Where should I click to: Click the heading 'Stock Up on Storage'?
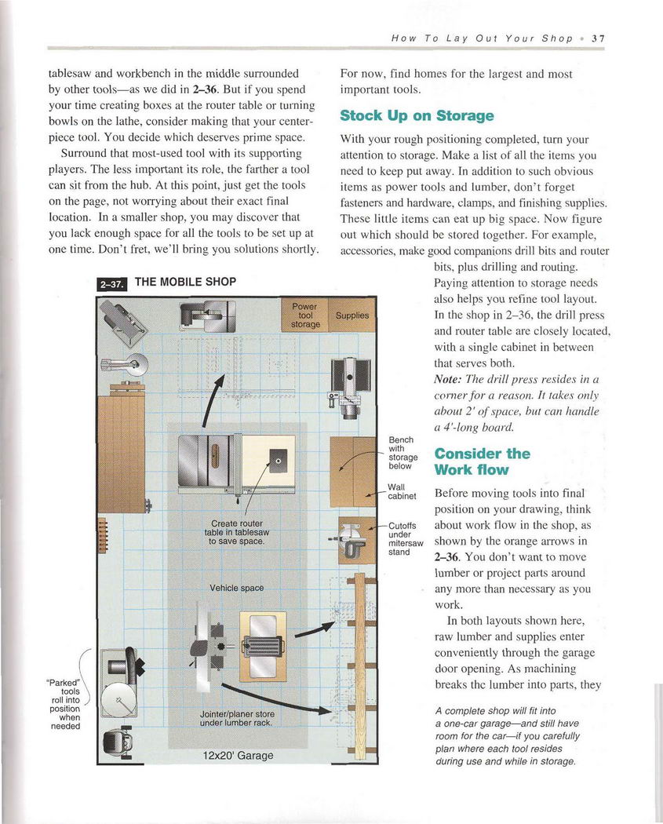click(x=417, y=116)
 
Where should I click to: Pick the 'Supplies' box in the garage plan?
click(x=352, y=315)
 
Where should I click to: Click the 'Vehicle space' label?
click(x=236, y=588)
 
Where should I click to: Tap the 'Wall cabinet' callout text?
click(x=402, y=491)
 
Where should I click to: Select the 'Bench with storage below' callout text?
click(x=403, y=453)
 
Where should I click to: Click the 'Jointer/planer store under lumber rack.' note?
click(x=236, y=717)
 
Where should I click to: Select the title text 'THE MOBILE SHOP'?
click(x=185, y=282)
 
